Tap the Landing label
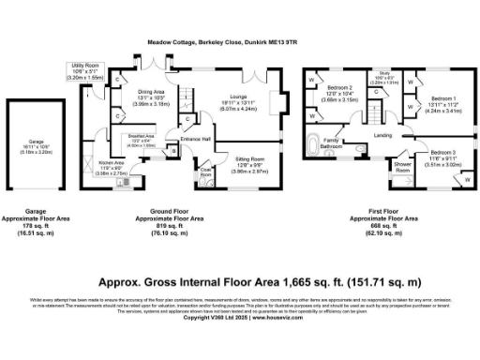[x=382, y=137]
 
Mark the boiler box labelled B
[x=173, y=150]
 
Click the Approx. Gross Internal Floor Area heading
[x=240, y=280]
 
